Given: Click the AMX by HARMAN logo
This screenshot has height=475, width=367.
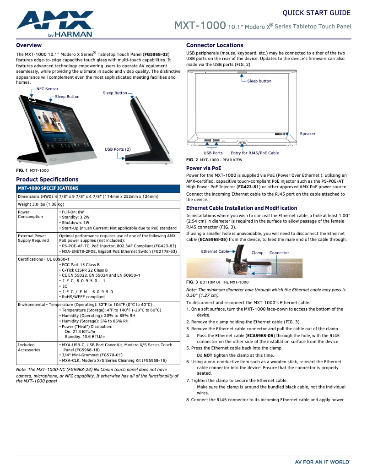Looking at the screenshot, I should [x=55, y=24].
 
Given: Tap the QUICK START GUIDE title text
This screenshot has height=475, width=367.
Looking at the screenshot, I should [x=316, y=13].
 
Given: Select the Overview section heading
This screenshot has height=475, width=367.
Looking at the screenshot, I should [x=29, y=45].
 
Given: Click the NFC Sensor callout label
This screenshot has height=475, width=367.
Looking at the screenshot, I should [x=48, y=88].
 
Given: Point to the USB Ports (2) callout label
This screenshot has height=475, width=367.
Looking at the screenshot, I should [x=118, y=149].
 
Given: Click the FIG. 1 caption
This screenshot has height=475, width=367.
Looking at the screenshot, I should [x=32, y=170].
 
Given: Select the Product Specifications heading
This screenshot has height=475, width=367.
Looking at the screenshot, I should [x=47, y=180].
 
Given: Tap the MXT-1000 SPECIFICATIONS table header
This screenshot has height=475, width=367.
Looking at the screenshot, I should [x=48, y=188].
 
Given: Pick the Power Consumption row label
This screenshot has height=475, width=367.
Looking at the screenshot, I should [x=30, y=214].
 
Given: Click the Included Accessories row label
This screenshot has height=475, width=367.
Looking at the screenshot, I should [x=29, y=347].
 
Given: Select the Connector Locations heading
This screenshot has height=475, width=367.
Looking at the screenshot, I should [x=215, y=45].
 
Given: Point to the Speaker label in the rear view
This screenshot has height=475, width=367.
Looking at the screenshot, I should [x=308, y=134].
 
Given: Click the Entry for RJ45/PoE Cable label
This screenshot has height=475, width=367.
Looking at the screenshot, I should [x=254, y=153].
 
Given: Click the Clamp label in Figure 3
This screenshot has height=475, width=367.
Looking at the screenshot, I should [x=257, y=253].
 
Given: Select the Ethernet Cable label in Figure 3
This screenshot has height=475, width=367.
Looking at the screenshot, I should [x=215, y=251].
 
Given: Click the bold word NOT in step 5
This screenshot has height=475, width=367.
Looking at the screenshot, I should [x=208, y=355].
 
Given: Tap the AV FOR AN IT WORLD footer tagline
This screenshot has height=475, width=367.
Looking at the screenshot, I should [x=322, y=462].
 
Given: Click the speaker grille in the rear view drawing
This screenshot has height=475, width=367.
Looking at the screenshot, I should [x=280, y=134].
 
